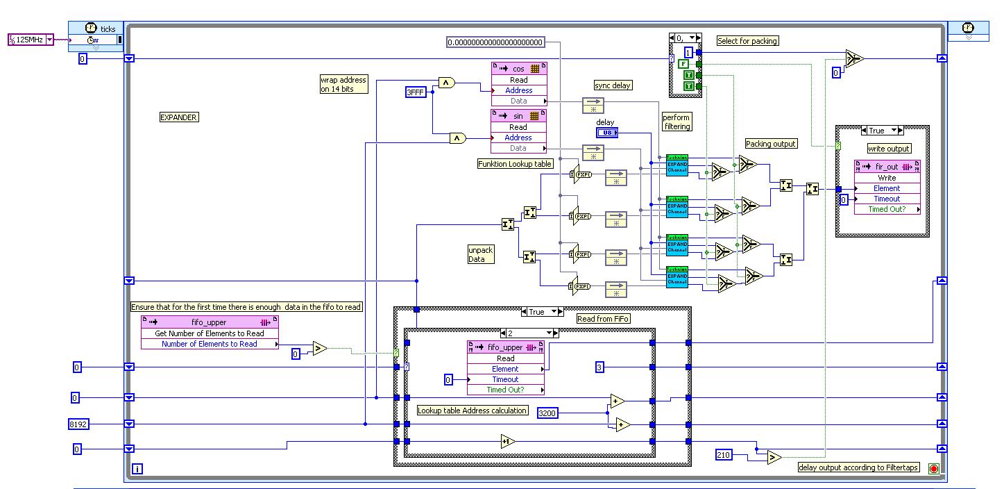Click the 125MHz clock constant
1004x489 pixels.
click(30, 40)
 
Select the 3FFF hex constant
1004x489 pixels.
click(416, 91)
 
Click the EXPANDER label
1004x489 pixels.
click(178, 117)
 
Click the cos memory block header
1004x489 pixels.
click(518, 69)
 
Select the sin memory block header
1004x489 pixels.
click(518, 116)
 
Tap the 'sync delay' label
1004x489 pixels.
click(613, 85)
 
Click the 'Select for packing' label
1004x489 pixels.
click(747, 41)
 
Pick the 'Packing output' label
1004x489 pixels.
click(771, 144)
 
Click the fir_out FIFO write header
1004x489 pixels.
click(887, 167)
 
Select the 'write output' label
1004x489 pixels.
click(888, 149)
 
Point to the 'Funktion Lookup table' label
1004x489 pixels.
click(516, 164)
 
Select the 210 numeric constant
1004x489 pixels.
click(724, 454)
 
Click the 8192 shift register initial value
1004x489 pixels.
click(78, 424)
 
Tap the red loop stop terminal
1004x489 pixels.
click(933, 469)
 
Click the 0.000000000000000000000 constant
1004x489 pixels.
click(495, 42)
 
